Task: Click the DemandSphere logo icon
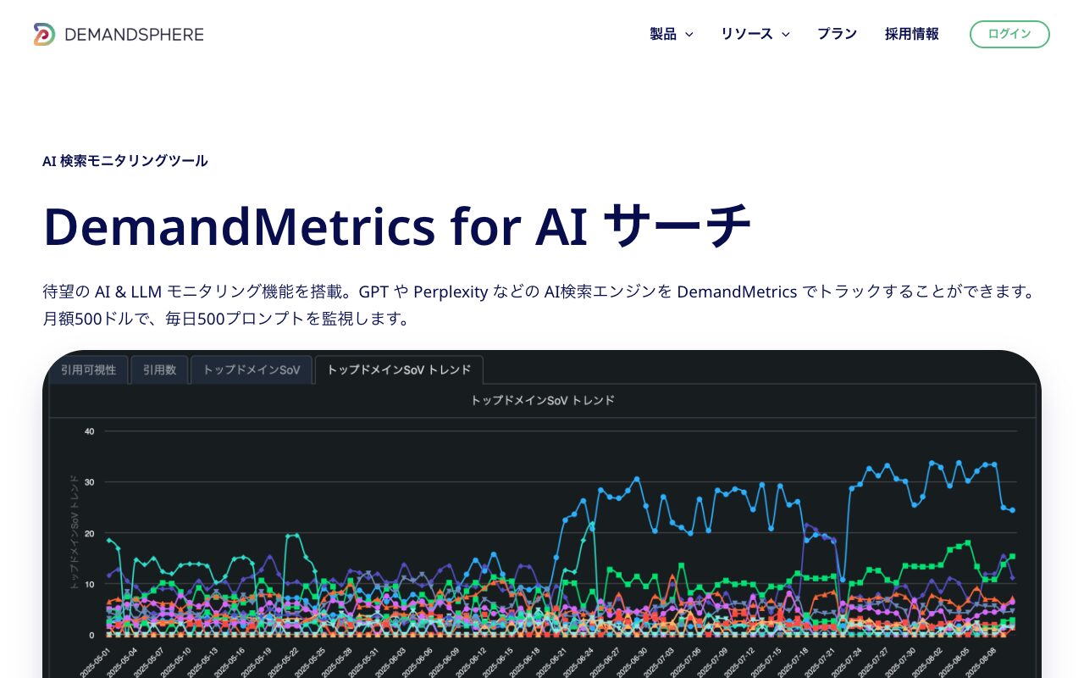(x=44, y=34)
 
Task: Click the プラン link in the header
(x=837, y=34)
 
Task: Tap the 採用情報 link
(x=911, y=34)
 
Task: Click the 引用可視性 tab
(x=88, y=370)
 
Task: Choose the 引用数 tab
(x=159, y=370)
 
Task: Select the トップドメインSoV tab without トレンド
(x=252, y=370)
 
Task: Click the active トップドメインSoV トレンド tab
(x=399, y=370)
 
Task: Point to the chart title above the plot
(x=542, y=400)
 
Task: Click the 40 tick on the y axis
(x=89, y=431)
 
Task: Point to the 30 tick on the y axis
(x=89, y=482)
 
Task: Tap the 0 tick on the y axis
(x=91, y=635)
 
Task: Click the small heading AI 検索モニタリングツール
(x=125, y=161)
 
